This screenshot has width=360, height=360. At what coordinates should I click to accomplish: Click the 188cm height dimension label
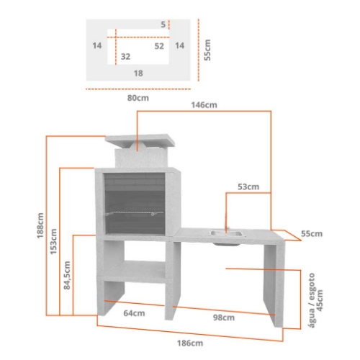click(x=40, y=225)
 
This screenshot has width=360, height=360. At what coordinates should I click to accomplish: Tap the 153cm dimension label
click(x=53, y=241)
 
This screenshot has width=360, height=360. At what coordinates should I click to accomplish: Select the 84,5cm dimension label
click(x=67, y=275)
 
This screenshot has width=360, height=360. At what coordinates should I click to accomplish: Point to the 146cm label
click(x=204, y=105)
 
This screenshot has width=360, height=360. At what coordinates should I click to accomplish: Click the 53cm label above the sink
click(x=248, y=186)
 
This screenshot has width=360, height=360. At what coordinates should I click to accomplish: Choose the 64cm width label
click(x=134, y=313)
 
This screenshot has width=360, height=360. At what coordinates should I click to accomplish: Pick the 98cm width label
click(x=224, y=318)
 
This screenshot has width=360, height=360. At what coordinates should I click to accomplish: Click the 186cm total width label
click(x=190, y=343)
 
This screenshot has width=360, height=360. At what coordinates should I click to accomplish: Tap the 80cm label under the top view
click(x=138, y=98)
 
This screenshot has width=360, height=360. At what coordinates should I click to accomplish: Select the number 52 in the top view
click(x=159, y=46)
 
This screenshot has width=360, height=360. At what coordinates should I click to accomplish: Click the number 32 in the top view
click(x=125, y=56)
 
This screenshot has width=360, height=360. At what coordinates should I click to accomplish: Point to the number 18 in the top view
click(x=138, y=73)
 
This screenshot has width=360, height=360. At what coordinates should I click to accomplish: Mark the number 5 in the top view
click(x=163, y=24)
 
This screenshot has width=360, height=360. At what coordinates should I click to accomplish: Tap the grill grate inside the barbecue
click(x=135, y=213)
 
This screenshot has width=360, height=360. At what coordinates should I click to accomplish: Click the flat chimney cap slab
click(x=140, y=141)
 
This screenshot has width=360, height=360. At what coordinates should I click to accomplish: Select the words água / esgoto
click(x=312, y=300)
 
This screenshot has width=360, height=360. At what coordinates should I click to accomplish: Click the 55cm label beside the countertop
click(x=312, y=234)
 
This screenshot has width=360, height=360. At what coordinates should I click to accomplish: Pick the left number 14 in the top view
click(x=97, y=45)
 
